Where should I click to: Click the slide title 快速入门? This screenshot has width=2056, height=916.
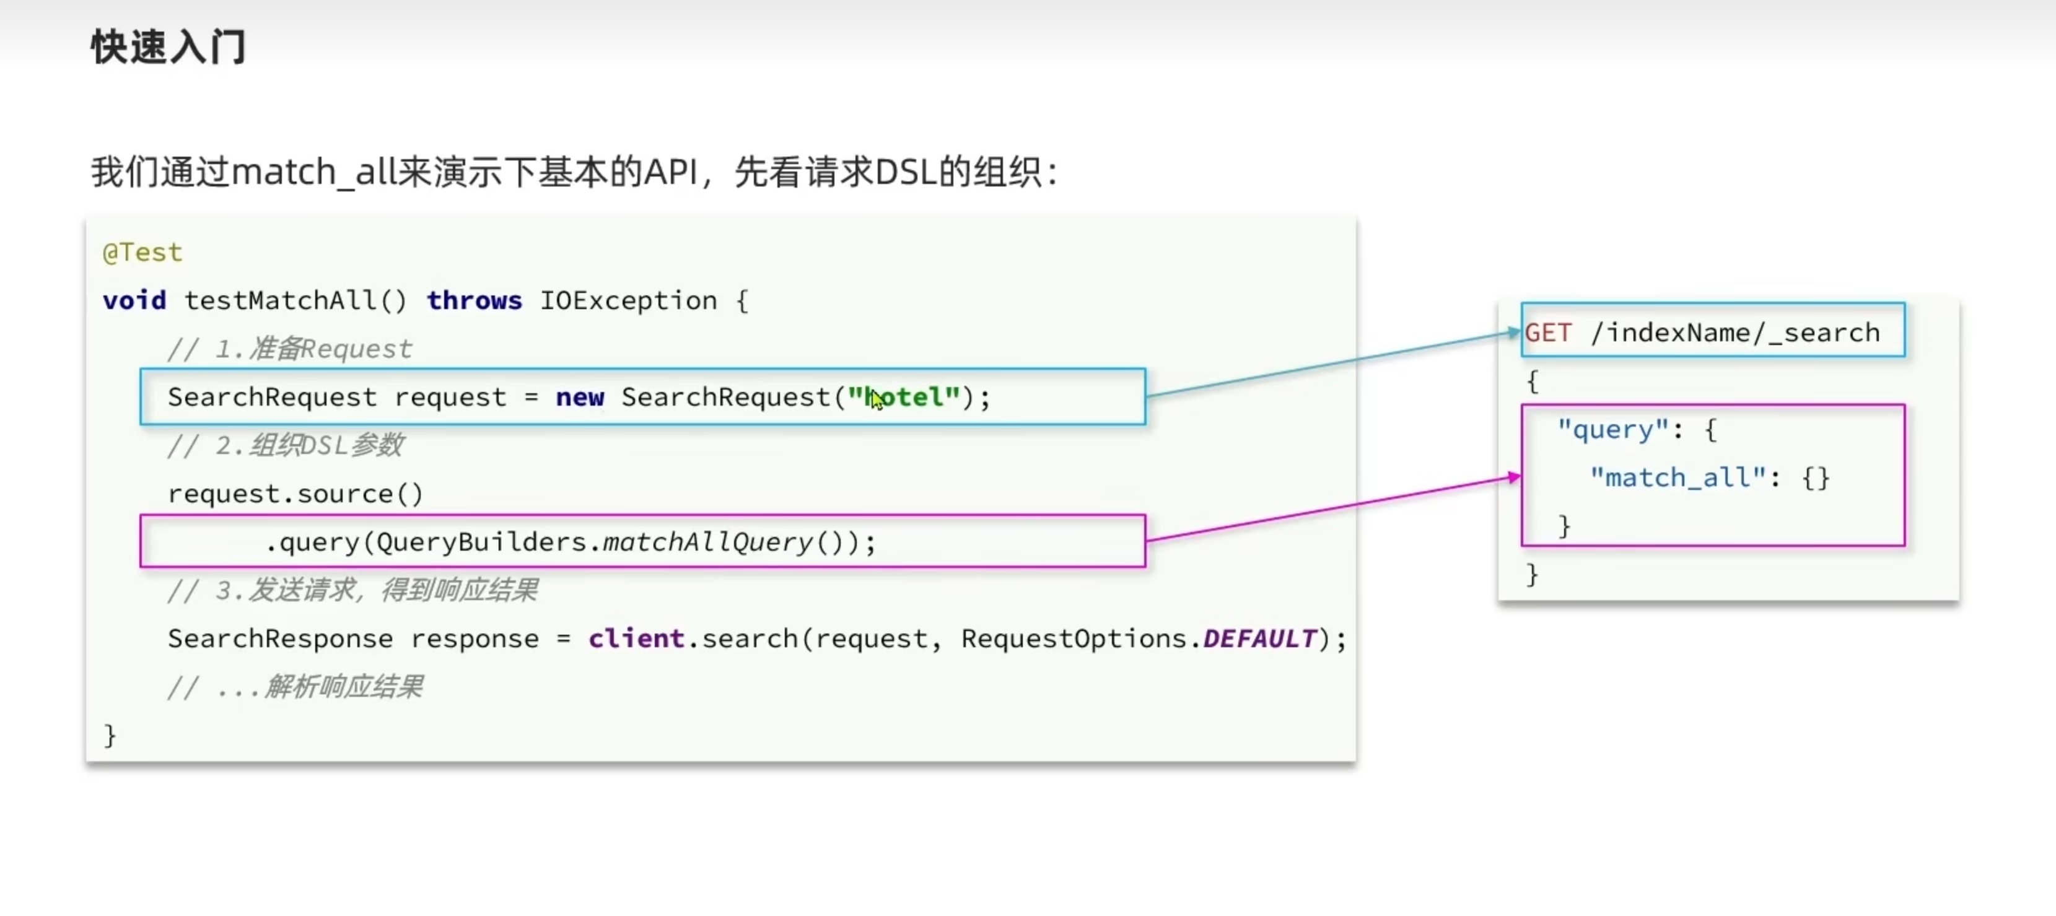168,46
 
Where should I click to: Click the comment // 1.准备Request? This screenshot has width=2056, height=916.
289,349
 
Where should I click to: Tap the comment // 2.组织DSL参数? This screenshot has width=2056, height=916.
285,445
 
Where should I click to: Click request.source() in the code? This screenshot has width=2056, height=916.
294,493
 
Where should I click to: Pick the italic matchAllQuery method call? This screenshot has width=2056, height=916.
707,542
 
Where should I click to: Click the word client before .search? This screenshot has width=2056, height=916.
636,639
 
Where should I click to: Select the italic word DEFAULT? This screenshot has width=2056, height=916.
1259,639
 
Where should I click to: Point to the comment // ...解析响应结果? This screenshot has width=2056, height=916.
294,686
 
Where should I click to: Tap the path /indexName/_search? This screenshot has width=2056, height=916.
1735,332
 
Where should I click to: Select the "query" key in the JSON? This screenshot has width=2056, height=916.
1613,429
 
